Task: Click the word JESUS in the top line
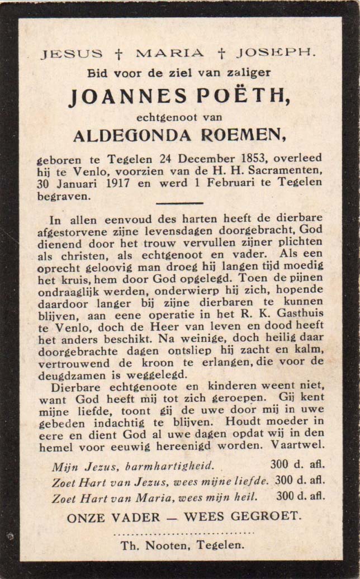pos(71,54)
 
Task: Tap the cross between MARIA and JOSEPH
pos(221,54)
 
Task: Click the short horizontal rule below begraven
pos(179,203)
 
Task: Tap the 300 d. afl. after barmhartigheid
pos(297,464)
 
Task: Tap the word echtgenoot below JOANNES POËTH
pos(166,117)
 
